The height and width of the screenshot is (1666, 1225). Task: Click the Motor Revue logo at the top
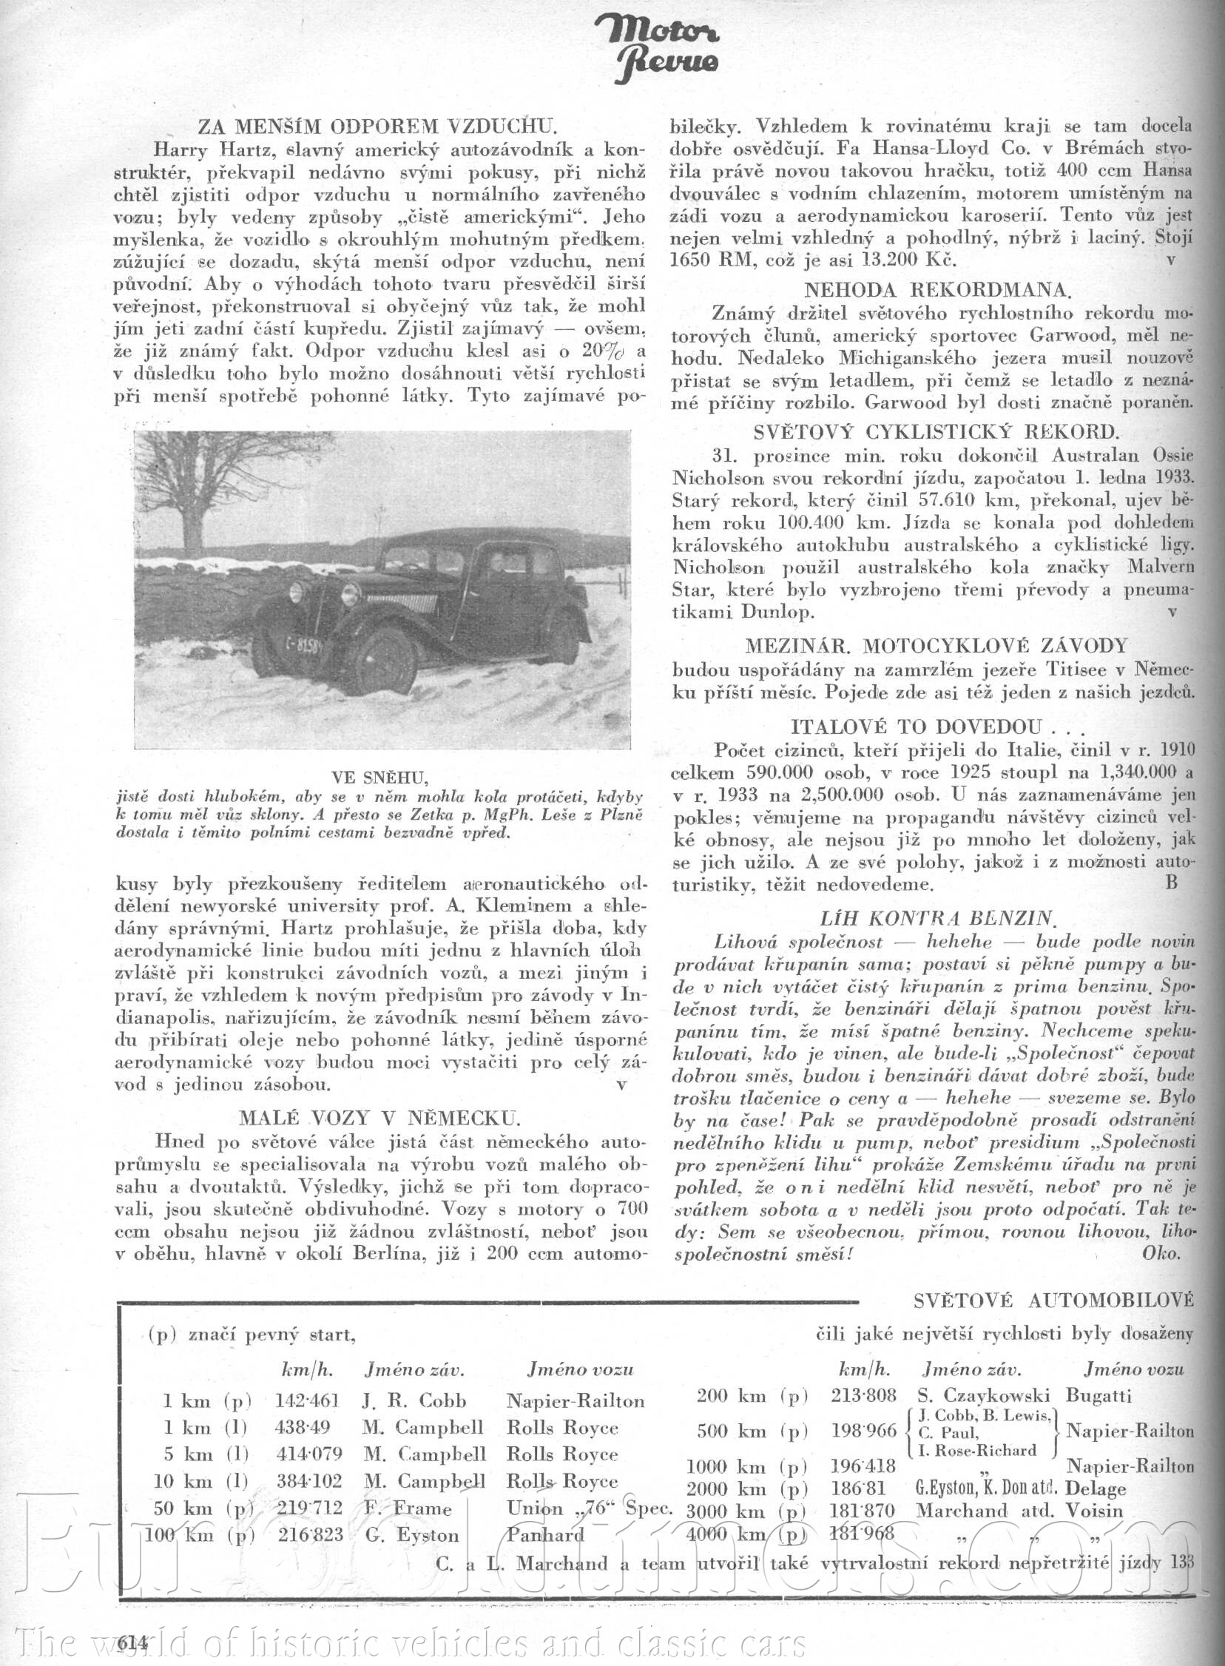pos(655,47)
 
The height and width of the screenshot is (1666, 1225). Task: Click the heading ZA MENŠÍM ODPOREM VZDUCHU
pos(377,126)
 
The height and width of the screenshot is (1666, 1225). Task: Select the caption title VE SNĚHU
pos(379,778)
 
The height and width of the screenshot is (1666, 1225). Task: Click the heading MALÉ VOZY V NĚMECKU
pos(379,1118)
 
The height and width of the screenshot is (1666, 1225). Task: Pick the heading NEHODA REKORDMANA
pos(937,290)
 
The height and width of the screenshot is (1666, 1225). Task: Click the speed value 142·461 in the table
pos(306,1400)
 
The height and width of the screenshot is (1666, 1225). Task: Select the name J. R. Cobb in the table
pos(414,1400)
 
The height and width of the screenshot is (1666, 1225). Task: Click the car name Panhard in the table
pos(545,1534)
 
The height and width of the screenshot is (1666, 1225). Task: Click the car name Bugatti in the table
pos(1099,1395)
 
